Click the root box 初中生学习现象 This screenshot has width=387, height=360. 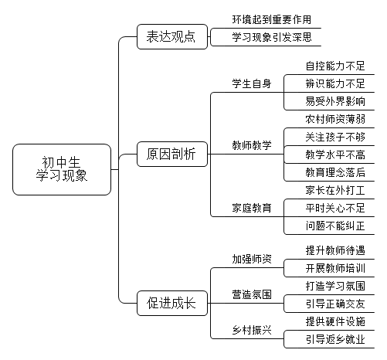click(x=62, y=169)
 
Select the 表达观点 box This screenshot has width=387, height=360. click(x=172, y=36)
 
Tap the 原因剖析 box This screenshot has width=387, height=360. click(x=172, y=154)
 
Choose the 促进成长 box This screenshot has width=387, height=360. click(x=172, y=303)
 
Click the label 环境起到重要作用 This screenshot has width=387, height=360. click(x=272, y=19)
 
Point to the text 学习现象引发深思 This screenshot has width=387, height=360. click(x=272, y=37)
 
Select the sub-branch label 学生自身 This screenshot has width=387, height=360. click(x=252, y=83)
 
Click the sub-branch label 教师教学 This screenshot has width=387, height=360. click(x=252, y=145)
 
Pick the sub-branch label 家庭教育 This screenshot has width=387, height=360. click(x=252, y=208)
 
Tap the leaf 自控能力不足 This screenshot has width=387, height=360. click(x=335, y=66)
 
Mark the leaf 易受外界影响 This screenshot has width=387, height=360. click(x=335, y=101)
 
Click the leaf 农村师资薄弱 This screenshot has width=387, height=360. click(x=335, y=119)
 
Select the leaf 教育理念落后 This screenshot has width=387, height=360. click(x=335, y=172)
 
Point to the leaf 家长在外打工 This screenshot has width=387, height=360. click(x=335, y=190)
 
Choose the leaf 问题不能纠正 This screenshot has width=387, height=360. click(x=335, y=226)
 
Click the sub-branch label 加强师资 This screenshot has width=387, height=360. click(x=252, y=259)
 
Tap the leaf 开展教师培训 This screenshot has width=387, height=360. click(x=335, y=268)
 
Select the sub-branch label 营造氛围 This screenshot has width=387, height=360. click(x=252, y=294)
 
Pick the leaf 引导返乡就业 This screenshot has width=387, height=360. click(x=335, y=339)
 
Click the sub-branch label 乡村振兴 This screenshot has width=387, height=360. click(x=252, y=330)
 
